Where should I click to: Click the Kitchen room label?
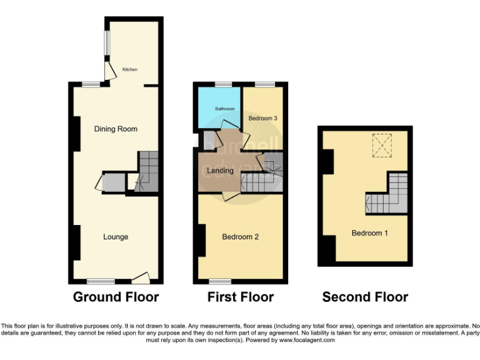[x=129, y=69]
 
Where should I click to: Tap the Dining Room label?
[x=116, y=129]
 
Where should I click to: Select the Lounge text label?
[x=116, y=237]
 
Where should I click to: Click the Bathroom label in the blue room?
[x=225, y=109]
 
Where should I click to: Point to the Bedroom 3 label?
[x=262, y=118]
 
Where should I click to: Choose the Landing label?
[x=220, y=171]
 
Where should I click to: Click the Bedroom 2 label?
[x=240, y=237]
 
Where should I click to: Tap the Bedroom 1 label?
[x=369, y=233]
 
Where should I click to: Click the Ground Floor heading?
[x=116, y=297]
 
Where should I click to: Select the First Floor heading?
[x=241, y=297]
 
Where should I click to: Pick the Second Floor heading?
[x=365, y=297]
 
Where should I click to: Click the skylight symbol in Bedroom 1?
[x=381, y=145]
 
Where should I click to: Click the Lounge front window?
[x=100, y=281]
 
